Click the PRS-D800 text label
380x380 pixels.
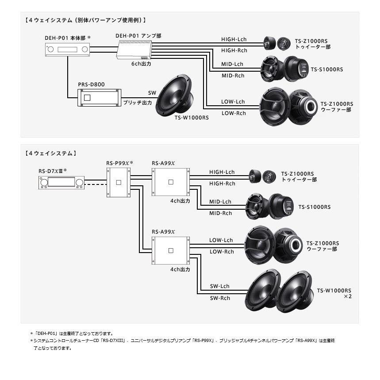[92, 84]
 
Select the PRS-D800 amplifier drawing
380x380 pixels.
[99, 98]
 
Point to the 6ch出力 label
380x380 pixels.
[142, 64]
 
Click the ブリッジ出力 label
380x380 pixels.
[138, 103]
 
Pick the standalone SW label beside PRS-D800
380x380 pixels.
[152, 93]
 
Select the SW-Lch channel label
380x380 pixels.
[220, 286]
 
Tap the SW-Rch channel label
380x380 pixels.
[220, 298]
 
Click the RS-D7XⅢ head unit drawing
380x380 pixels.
[61, 182]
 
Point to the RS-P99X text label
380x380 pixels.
[119, 163]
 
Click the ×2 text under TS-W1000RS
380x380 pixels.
[347, 296]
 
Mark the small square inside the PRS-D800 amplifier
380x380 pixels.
[87, 98]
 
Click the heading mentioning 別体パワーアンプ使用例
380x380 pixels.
[86, 20]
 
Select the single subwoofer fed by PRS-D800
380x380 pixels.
[174, 96]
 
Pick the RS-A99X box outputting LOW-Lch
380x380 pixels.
[170, 250]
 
